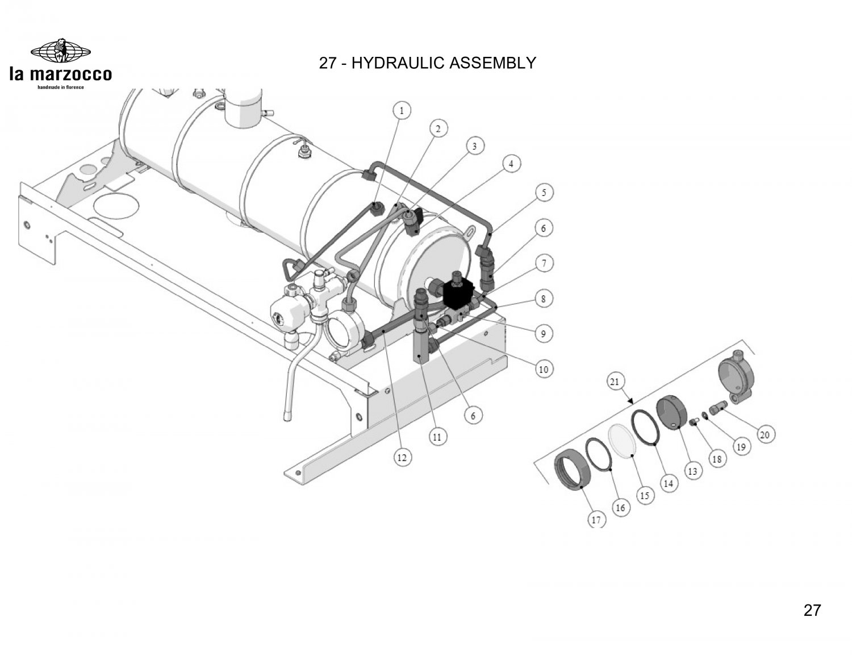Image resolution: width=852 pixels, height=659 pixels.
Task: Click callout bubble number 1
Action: (402, 110)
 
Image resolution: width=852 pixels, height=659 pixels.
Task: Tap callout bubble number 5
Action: (544, 193)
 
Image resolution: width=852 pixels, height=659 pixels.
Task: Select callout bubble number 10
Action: (543, 370)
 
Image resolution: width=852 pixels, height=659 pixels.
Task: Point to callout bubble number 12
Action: (402, 458)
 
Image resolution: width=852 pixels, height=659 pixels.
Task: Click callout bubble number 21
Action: (614, 382)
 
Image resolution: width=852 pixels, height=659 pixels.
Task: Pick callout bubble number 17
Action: (596, 519)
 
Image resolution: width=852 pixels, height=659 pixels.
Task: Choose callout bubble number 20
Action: (765, 435)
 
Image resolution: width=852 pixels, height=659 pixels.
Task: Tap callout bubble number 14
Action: (668, 483)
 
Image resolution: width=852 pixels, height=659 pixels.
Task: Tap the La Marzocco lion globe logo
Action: (60, 50)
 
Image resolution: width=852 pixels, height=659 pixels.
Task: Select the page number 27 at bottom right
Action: (812, 610)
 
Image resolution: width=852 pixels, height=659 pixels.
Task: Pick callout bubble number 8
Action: (543, 299)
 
